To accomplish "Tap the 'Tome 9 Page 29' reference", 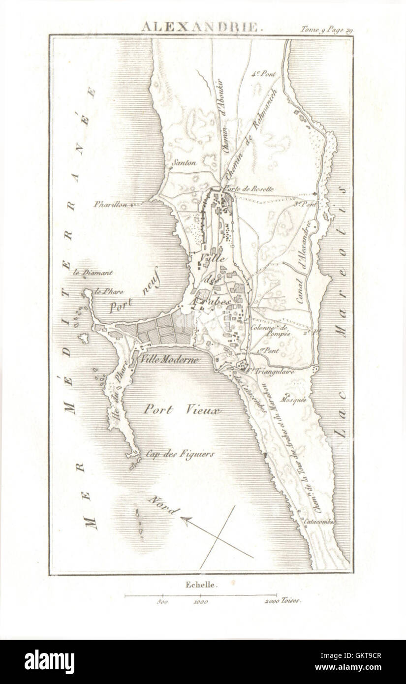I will [327, 29].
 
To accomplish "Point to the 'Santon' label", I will [185, 162].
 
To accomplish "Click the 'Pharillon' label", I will [111, 204].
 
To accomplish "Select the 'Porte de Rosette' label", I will [248, 188].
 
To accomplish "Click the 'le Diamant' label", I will [93, 273].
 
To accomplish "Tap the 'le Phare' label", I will [109, 291].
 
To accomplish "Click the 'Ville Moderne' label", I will [169, 360].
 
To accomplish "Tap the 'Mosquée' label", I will [294, 400].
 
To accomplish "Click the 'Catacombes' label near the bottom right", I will [319, 521].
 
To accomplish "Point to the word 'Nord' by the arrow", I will [163, 505].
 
